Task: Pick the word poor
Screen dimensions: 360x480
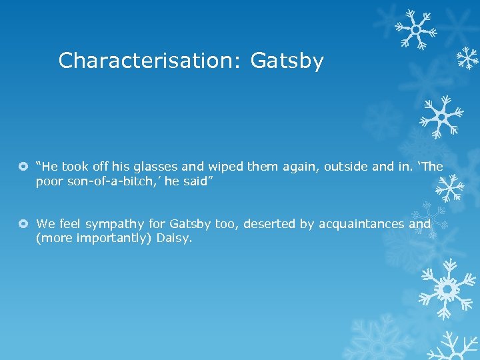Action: click(49, 181)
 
